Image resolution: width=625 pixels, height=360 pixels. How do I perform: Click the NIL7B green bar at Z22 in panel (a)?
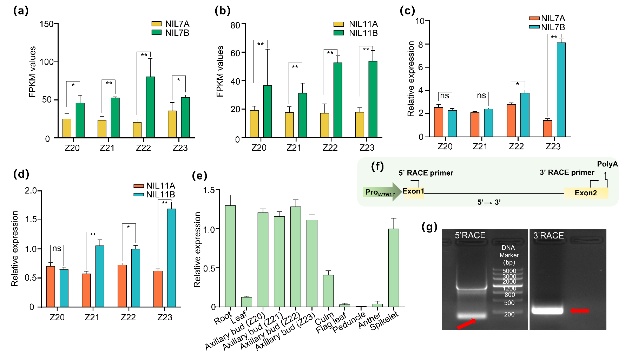150,107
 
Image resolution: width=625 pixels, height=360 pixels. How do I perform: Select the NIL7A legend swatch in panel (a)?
156,24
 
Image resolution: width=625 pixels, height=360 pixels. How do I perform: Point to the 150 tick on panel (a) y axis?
46,24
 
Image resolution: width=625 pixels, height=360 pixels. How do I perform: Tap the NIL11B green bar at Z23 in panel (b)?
373,99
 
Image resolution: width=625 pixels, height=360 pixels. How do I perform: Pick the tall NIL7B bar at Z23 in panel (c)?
561,90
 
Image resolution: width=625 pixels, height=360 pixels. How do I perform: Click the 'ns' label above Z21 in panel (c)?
481,96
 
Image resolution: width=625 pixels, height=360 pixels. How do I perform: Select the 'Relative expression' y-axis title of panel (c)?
410,79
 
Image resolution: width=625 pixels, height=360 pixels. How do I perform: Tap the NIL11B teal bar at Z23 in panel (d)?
171,258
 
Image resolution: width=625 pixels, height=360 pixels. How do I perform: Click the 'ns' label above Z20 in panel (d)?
57,249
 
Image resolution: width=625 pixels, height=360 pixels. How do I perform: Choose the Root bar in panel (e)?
230,256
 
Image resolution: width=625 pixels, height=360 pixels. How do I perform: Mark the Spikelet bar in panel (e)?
394,268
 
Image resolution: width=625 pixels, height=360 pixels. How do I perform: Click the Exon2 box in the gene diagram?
586,193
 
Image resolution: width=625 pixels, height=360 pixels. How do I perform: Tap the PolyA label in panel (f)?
607,164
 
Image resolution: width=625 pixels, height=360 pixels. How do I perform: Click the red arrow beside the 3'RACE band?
580,310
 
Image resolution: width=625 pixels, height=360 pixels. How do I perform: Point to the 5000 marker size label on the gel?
509,271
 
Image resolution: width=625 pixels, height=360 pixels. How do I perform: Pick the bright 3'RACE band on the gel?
547,310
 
